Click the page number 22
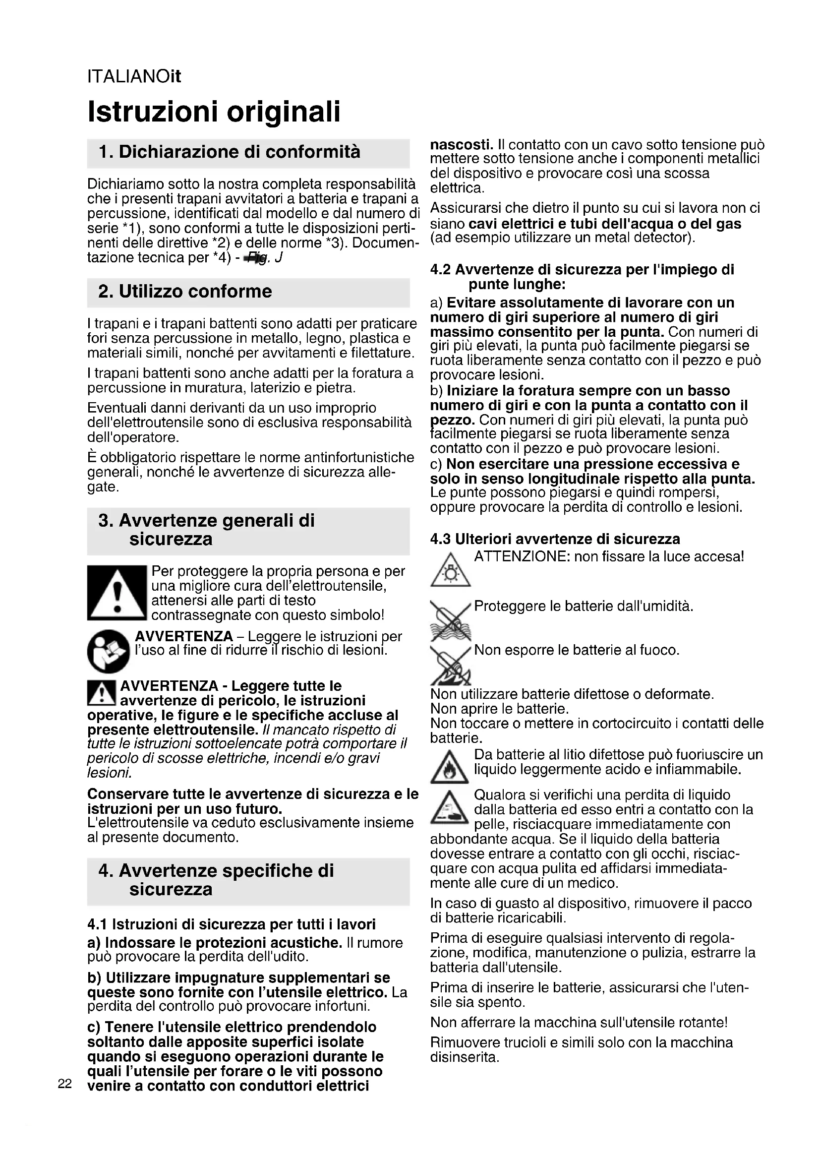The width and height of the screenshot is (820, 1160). click(65, 1083)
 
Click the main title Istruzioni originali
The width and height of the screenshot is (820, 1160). click(214, 112)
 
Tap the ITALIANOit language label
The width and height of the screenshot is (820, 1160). click(134, 76)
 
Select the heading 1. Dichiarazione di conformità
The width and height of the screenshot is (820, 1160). click(230, 152)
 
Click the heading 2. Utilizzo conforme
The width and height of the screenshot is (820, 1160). click(185, 292)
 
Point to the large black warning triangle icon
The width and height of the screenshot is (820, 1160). click(117, 593)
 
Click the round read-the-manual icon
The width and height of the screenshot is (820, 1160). click(109, 652)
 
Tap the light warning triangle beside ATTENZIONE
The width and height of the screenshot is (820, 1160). click(450, 571)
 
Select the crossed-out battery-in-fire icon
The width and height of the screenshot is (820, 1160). click(450, 665)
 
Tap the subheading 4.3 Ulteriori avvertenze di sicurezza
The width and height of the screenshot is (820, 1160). click(555, 539)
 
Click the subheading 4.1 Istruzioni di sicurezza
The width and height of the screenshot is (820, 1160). click(231, 924)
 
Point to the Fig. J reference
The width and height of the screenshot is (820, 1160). click(264, 258)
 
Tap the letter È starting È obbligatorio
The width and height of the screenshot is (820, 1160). click(92, 457)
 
